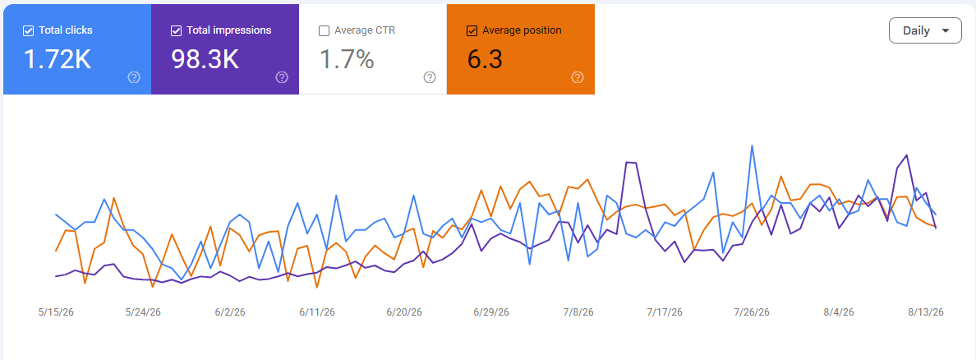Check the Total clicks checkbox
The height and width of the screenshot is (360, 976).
pos(28,30)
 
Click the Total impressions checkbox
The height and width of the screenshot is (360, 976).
pos(176,30)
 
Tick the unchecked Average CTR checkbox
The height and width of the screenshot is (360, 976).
pos(324,30)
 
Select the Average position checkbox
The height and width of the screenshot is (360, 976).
pos(472,30)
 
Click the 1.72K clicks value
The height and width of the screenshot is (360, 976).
pos(58,59)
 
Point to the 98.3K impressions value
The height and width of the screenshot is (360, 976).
pos(205,59)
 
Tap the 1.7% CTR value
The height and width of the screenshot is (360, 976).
pos(347,59)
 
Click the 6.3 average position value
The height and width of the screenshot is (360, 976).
pos(484,59)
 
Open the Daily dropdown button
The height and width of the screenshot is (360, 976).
pos(926,30)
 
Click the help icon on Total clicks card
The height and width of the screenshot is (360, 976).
pos(134,77)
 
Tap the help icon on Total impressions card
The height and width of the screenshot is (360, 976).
pos(282,77)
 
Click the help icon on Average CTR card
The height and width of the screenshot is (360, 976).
pos(430,77)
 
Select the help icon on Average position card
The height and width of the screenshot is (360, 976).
pos(578,77)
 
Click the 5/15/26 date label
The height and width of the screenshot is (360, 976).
pos(56,312)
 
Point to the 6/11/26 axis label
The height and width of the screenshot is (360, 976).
pos(317,312)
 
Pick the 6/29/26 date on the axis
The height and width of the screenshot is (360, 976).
pos(491,312)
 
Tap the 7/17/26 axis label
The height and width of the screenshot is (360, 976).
pos(665,312)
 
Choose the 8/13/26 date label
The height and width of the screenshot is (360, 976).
pos(926,312)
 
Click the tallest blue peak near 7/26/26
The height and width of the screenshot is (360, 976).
pos(752,146)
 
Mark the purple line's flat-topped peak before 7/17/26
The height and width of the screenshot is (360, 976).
pos(630,163)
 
